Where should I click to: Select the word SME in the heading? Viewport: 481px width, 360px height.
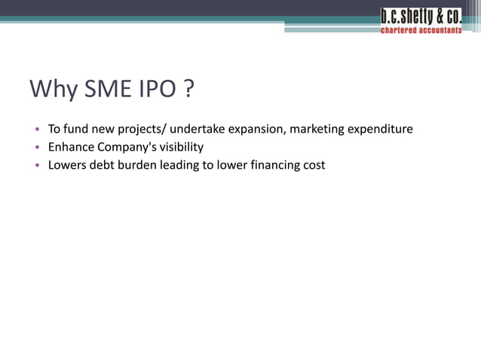pyautogui.click(x=110, y=90)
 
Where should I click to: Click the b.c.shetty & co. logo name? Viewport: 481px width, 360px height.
pyautogui.click(x=421, y=17)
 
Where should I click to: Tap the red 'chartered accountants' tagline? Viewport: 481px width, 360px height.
pyautogui.click(x=421, y=31)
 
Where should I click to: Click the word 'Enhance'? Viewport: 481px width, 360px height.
pyautogui.click(x=72, y=147)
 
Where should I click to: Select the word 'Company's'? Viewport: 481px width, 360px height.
pyautogui.click(x=124, y=147)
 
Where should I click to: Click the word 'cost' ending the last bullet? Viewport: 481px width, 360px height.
pyautogui.click(x=314, y=165)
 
